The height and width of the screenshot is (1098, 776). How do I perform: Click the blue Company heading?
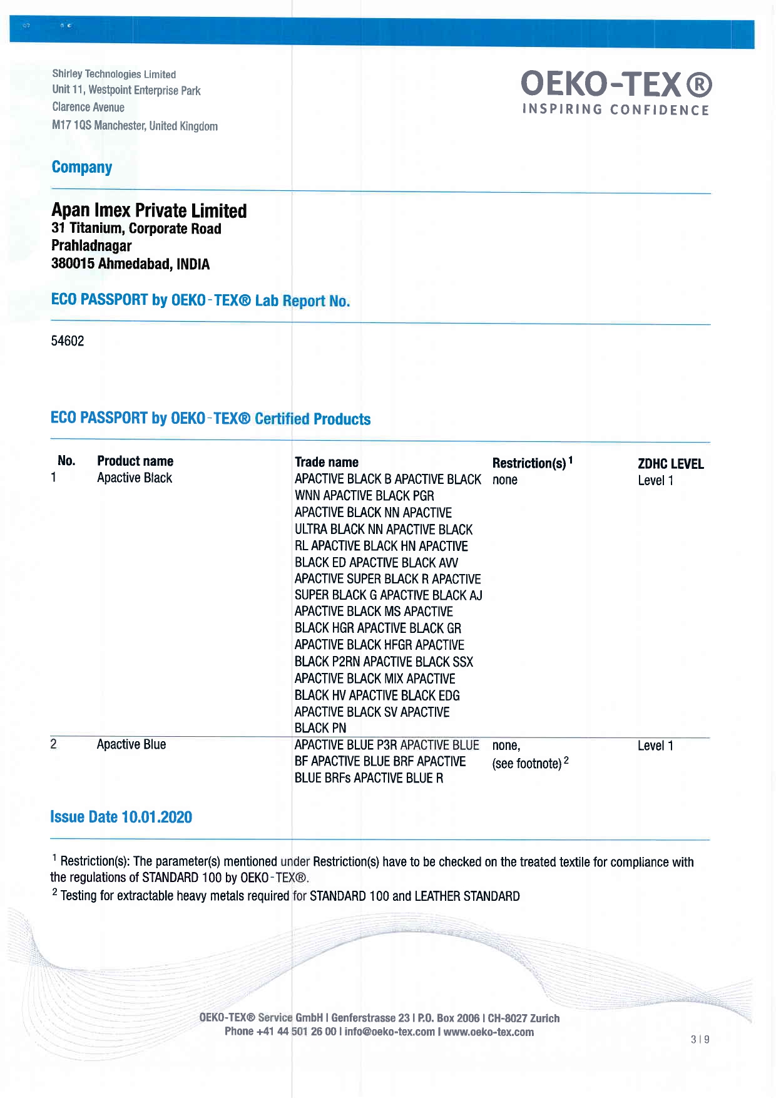82,168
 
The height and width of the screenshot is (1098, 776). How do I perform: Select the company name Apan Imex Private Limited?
149,210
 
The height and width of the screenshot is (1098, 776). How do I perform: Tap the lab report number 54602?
68,341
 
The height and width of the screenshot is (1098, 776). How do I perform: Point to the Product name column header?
135,461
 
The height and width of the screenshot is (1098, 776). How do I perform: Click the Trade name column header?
327,463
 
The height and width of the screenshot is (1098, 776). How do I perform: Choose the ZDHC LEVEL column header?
670,464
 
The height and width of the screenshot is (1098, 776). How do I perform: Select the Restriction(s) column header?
529,463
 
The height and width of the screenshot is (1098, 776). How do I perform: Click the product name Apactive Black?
135,478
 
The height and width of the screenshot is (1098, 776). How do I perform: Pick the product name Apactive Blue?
131,745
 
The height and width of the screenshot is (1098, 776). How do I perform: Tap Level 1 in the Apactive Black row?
655,481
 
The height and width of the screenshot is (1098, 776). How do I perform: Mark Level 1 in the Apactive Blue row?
655,746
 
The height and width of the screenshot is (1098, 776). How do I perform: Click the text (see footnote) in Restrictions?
527,764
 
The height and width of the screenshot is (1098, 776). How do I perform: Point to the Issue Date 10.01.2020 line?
121,818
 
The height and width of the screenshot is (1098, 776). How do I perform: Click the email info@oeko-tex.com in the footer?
389,1032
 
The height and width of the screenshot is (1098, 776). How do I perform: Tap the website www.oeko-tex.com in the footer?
489,1032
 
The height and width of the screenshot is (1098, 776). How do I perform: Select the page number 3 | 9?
700,1040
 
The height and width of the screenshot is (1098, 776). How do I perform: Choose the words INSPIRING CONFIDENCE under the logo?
616,110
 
